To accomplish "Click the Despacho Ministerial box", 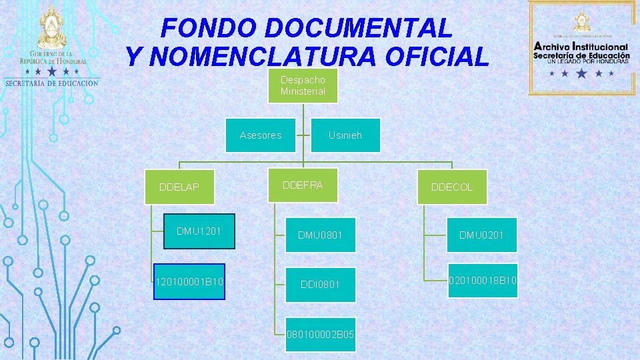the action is (x=303, y=86).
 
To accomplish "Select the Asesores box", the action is (x=260, y=135).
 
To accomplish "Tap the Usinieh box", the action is (x=345, y=135).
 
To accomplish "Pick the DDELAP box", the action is (x=179, y=187).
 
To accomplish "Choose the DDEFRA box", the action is (x=303, y=185).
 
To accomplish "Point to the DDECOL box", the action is (x=452, y=187).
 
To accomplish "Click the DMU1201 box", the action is (x=199, y=231).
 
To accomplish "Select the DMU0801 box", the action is (x=320, y=235).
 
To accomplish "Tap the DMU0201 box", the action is (x=482, y=235).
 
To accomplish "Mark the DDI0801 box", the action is (x=320, y=285).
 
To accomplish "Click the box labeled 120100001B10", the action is (x=189, y=283).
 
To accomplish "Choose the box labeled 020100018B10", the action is (x=482, y=281).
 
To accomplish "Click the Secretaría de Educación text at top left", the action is (x=51, y=83).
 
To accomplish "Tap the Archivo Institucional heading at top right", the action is (x=581, y=47).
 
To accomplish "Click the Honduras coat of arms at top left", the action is (x=52, y=27).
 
